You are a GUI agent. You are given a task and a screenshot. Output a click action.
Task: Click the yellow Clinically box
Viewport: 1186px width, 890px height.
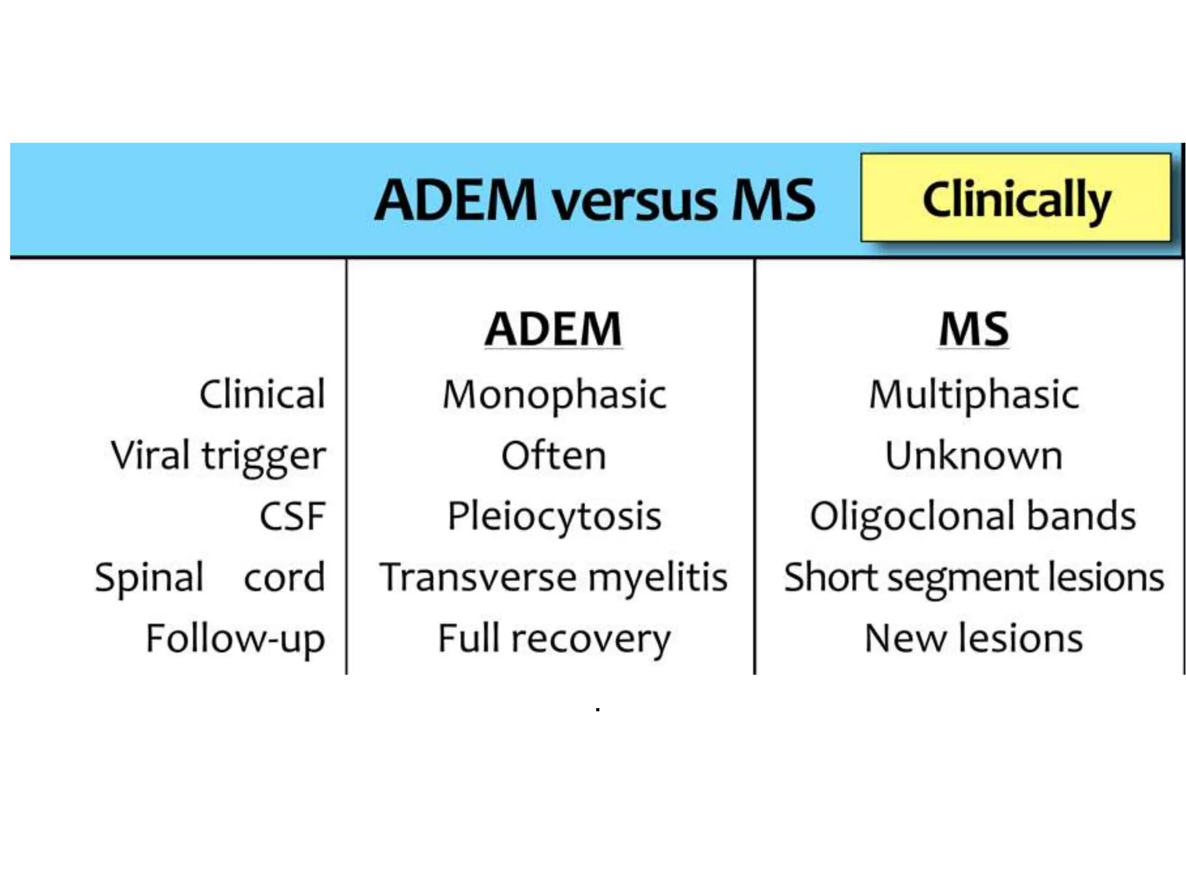click(x=1016, y=198)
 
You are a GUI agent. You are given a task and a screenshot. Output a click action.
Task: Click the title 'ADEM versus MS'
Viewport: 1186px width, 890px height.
click(x=595, y=200)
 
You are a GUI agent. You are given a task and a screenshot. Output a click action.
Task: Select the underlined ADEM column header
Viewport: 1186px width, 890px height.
click(x=553, y=329)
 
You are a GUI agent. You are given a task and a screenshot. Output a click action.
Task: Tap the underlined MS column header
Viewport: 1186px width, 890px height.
click(x=973, y=329)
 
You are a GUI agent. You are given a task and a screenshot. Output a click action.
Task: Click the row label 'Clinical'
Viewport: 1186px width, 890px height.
click(x=262, y=395)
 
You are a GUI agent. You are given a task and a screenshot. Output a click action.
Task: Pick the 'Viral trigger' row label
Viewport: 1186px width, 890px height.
click(x=218, y=456)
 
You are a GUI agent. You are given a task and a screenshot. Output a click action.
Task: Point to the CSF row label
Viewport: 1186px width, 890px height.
click(x=292, y=516)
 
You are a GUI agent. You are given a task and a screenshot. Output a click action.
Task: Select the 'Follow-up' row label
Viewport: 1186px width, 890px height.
click(x=235, y=639)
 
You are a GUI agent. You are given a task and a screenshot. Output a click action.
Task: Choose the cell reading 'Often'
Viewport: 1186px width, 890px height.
click(x=554, y=455)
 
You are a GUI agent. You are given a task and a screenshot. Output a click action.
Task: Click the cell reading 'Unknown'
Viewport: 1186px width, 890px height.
click(x=974, y=455)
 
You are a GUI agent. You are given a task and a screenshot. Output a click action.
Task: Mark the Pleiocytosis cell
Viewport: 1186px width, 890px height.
click(x=554, y=516)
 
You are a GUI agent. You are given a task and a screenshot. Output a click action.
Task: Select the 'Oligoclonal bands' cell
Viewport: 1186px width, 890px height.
click(x=973, y=516)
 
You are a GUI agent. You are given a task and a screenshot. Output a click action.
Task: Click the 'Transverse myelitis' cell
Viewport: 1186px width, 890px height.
click(x=553, y=578)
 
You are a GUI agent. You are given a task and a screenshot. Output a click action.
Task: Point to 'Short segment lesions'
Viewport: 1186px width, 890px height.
click(x=973, y=578)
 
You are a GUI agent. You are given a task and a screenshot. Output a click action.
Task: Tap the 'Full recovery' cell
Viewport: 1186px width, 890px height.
click(x=554, y=639)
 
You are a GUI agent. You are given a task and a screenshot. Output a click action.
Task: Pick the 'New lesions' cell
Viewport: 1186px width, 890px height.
click(x=973, y=639)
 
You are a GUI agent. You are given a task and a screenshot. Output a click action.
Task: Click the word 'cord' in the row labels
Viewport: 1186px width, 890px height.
click(x=284, y=578)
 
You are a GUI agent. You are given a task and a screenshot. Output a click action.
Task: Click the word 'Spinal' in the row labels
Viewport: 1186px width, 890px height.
click(x=149, y=578)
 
